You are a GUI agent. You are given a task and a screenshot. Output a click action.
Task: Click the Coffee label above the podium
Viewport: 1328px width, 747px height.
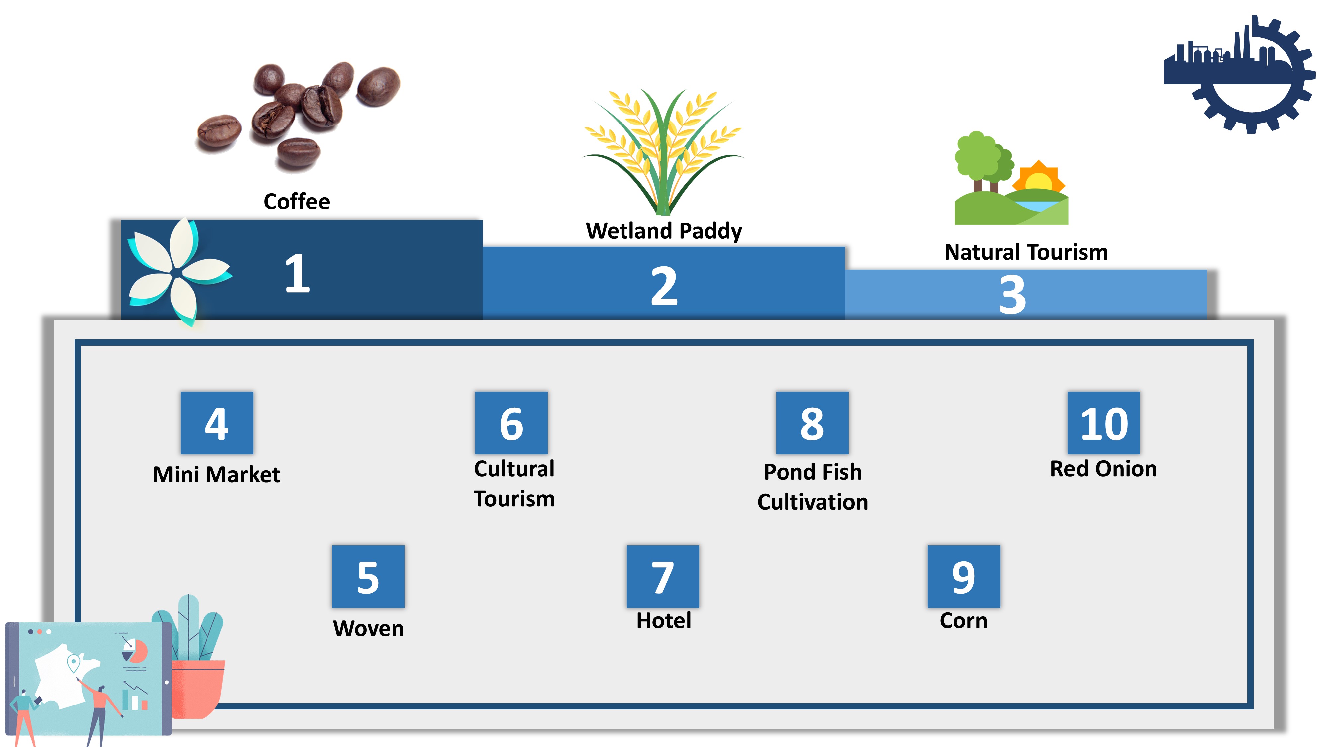pos(296,201)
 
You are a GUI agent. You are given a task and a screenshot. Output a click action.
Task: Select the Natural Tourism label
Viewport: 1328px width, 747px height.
pos(1026,252)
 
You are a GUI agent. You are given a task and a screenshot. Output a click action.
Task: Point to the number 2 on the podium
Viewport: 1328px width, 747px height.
pos(664,286)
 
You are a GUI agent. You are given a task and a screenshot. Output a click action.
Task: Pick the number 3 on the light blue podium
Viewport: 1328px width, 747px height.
pos(1012,294)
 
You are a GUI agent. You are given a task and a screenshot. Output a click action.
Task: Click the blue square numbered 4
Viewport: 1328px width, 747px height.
pos(216,423)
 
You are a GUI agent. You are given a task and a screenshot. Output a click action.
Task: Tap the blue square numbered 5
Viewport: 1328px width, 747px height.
pos(368,576)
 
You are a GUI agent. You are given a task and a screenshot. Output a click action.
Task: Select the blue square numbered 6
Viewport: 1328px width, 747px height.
pos(511,423)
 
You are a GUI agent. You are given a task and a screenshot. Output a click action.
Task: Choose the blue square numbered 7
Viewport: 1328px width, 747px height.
pos(663,576)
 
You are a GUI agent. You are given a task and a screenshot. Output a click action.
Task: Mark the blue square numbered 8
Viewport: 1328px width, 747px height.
pos(812,423)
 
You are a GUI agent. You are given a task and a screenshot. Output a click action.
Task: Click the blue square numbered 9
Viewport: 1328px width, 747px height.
pos(963,576)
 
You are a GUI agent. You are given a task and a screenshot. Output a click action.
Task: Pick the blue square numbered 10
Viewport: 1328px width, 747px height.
pos(1104,423)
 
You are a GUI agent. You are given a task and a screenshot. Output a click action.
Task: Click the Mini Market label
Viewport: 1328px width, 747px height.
pos(216,474)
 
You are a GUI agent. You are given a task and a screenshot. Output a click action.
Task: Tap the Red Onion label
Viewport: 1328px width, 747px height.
pos(1104,469)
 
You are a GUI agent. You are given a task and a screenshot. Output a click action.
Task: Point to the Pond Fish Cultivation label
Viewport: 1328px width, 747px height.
pos(812,487)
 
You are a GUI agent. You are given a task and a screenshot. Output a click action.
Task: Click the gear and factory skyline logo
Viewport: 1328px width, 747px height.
pos(1239,75)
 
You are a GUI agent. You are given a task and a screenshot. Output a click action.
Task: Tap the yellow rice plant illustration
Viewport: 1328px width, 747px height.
pos(663,152)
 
